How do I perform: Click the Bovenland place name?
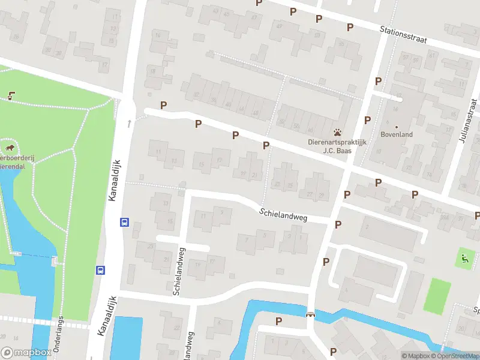397,135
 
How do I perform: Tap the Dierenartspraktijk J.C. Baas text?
337,147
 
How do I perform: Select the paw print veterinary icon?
338,131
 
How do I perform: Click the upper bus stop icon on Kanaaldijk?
125,222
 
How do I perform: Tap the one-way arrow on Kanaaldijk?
130,124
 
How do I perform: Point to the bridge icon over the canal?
310,314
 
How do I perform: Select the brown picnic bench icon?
11,95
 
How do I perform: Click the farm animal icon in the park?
10,147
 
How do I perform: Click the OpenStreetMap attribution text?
453,356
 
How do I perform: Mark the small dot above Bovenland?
397,127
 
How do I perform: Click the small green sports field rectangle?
437,296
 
